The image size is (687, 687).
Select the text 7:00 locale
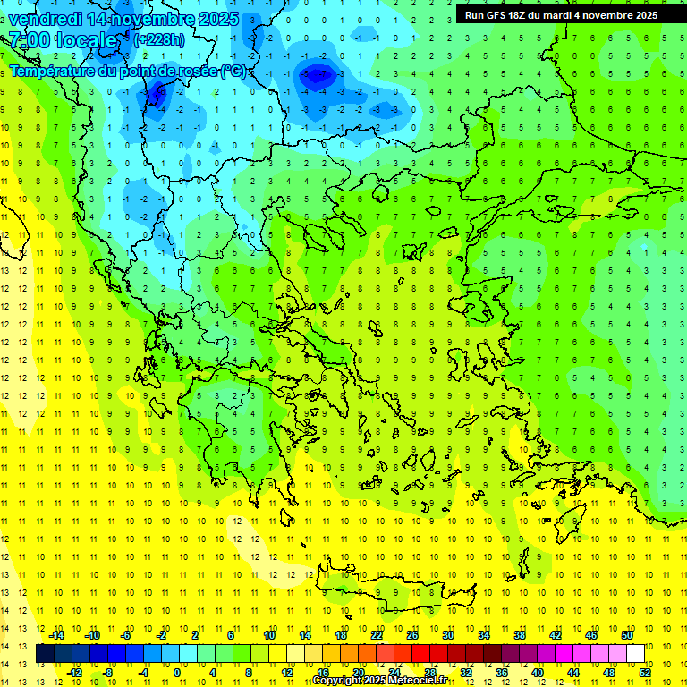[63, 40]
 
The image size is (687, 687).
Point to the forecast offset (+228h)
[158, 40]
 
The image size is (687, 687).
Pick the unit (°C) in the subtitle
[233, 72]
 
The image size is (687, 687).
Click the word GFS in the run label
[497, 15]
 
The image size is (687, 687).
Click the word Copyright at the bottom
[337, 681]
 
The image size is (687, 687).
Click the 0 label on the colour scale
[177, 673]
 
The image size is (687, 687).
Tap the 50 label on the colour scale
[628, 635]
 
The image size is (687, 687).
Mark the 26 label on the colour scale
[413, 635]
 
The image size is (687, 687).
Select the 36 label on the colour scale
[502, 673]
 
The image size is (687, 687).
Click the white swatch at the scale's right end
[636, 653]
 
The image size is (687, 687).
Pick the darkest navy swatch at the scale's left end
[45, 653]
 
